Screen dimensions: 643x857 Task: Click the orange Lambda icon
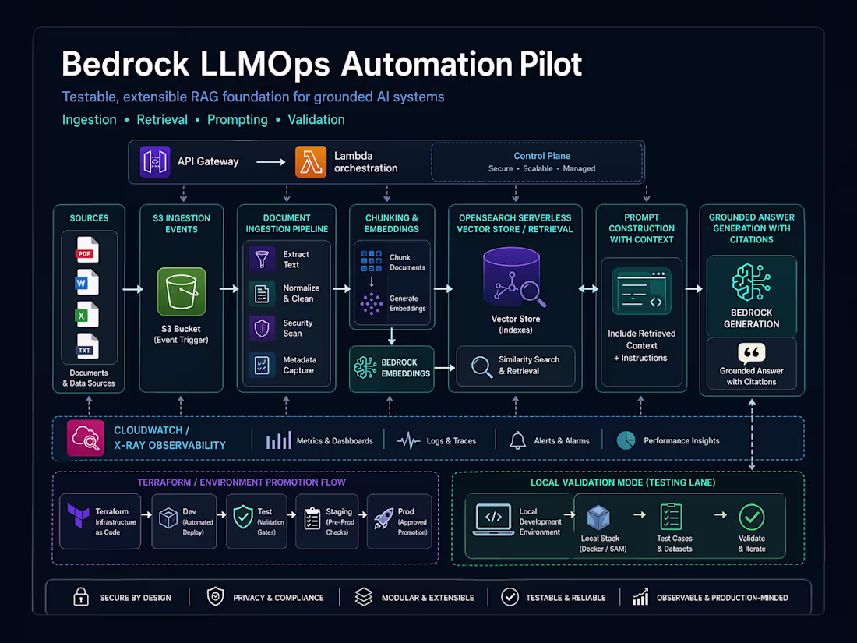coord(311,162)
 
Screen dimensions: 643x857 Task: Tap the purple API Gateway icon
coord(156,162)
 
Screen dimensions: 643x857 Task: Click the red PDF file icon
coord(86,250)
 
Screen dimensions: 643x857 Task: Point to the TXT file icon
coord(86,347)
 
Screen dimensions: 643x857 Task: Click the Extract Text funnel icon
coord(263,260)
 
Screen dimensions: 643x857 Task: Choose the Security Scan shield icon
coord(263,328)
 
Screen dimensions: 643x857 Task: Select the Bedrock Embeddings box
coord(392,368)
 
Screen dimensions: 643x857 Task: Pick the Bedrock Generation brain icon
coord(751,282)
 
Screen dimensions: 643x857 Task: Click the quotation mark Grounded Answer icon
coord(751,353)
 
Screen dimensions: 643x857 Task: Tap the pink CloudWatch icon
coord(85,438)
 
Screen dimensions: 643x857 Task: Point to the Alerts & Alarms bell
coord(517,440)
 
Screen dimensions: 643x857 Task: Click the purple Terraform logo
coord(78,517)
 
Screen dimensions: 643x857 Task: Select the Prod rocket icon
coord(383,518)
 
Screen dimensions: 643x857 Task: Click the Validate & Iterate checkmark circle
coord(751,516)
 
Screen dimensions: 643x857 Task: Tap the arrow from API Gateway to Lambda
coord(271,162)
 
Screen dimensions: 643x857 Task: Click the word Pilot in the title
coord(548,64)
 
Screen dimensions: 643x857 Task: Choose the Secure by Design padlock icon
coord(81,597)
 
